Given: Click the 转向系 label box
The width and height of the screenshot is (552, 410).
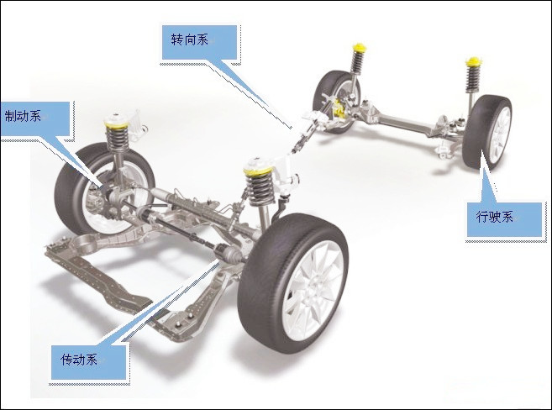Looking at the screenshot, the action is point(199,42).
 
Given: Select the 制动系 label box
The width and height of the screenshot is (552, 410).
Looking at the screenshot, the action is point(34,118).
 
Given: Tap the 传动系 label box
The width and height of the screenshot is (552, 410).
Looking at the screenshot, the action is point(89,362).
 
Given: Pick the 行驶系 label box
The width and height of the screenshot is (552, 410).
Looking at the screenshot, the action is point(504,219).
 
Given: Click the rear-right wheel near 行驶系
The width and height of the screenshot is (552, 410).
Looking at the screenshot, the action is point(487,132).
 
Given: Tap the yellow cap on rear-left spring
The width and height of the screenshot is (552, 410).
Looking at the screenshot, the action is point(359,47).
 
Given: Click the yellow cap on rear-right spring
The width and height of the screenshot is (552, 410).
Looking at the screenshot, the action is point(473,61).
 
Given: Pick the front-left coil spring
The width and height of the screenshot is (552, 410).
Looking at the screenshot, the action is point(117,139).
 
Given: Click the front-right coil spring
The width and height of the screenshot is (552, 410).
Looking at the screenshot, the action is point(260,187).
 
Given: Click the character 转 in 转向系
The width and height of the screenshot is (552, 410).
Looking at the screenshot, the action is point(177,39).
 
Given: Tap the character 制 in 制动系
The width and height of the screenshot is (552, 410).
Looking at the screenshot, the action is point(10,116).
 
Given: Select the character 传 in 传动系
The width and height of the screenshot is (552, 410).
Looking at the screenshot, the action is point(66,360).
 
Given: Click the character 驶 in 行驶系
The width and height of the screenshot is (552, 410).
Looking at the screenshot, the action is point(494,217).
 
